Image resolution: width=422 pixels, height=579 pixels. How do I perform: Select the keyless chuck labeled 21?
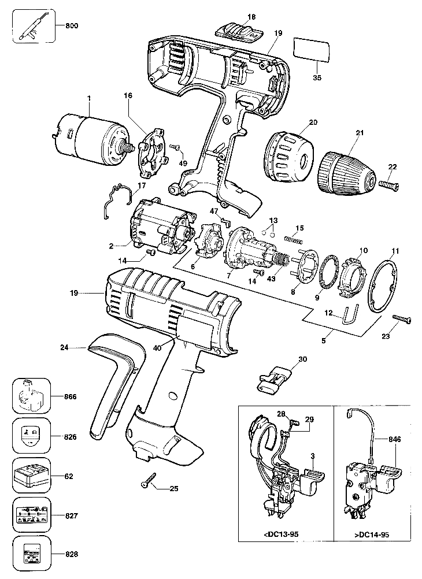click(x=344, y=172)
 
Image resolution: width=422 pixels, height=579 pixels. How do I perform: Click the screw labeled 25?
click(x=149, y=480)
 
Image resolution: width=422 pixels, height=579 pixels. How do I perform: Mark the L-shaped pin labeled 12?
click(x=350, y=317)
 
